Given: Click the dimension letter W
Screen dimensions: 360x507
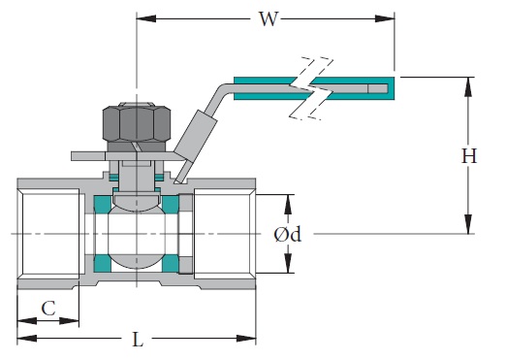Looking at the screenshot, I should (x=265, y=18).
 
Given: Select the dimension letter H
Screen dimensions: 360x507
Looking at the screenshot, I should (x=469, y=155).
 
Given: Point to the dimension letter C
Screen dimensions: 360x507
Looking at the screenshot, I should (x=47, y=308).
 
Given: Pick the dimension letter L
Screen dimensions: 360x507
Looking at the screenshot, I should (x=137, y=339).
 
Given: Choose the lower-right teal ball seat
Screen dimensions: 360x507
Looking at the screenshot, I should (x=171, y=264).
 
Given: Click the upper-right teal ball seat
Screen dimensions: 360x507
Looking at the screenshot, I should (x=171, y=205).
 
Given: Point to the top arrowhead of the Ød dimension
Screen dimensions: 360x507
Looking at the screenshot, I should (x=288, y=201).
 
